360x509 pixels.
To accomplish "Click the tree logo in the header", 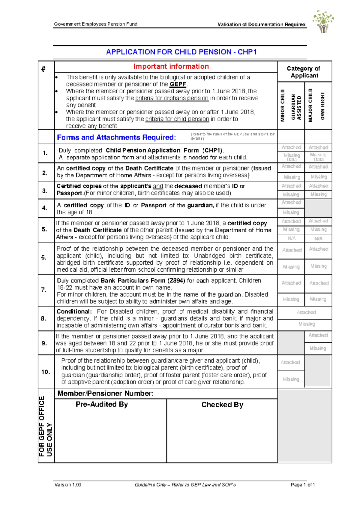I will click(323, 21).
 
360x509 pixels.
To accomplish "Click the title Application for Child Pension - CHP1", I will click(181, 52).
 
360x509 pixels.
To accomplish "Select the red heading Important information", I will click(171, 66).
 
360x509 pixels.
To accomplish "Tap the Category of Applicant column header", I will click(304, 72).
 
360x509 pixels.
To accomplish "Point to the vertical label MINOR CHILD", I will click(283, 105).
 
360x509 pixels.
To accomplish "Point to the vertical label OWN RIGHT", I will click(322, 106).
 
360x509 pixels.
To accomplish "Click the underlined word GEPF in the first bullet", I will click(178, 84).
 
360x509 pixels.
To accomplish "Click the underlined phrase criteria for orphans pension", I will click(172, 98).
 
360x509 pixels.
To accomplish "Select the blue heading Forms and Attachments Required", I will click(116, 137).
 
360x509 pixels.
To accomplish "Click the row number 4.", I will click(45, 208).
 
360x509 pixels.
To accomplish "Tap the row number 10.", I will click(46, 372).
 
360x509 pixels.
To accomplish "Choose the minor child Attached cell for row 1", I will click(291, 147).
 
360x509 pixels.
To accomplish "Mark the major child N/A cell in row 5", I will click(318, 239).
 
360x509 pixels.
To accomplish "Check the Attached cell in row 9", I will click(318, 335).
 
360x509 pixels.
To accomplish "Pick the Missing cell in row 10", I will click(291, 379).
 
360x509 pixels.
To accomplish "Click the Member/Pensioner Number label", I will click(106, 393).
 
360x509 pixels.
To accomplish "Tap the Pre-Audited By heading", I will click(102, 404).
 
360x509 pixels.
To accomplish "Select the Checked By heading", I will click(222, 405).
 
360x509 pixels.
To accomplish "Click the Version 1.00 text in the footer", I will click(68, 484).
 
